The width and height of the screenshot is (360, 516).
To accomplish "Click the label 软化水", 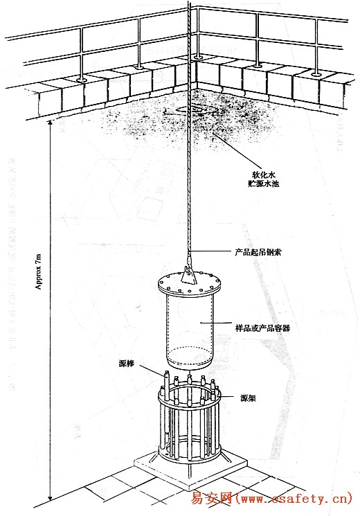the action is pyautogui.click(x=263, y=175).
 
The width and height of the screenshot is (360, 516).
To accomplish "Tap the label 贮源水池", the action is pyautogui.click(x=263, y=184).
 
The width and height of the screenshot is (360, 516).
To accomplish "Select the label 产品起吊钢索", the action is pyautogui.click(x=258, y=252).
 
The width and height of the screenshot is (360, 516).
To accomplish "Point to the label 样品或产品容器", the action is pyautogui.click(x=262, y=328).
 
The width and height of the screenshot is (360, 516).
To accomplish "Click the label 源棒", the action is pyautogui.click(x=127, y=364).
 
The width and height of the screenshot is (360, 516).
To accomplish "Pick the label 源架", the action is pyautogui.click(x=248, y=398).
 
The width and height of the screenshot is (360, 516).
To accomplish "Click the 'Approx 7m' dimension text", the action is pyautogui.click(x=39, y=272).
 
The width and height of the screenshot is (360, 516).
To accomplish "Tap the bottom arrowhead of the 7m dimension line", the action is pyautogui.click(x=50, y=498).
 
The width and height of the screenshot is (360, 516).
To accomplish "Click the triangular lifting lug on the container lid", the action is pyautogui.click(x=188, y=276).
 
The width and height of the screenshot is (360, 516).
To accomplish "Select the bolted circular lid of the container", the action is pyautogui.click(x=189, y=284).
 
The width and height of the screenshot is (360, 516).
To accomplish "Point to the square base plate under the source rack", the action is pyautogui.click(x=190, y=468).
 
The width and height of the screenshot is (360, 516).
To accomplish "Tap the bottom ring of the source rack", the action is pyautogui.click(x=189, y=456).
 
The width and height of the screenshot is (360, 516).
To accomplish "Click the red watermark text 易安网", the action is pyautogui.click(x=212, y=499).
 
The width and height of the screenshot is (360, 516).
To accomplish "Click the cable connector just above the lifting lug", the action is pyautogui.click(x=189, y=259).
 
